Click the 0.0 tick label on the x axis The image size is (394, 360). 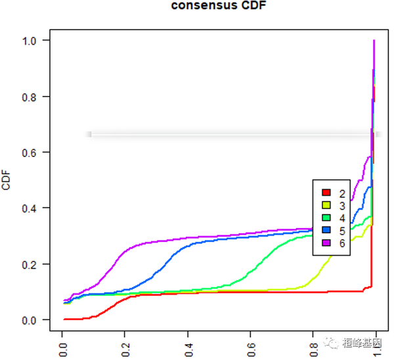click(x=64, y=346)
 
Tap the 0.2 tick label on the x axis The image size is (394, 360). click(x=126, y=346)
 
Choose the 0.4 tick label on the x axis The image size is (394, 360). click(x=188, y=346)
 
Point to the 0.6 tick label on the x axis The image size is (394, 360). click(x=252, y=346)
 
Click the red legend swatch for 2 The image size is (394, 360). click(x=325, y=193)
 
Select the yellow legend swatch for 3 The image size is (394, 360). click(x=325, y=206)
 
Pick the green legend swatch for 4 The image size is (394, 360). click(x=325, y=218)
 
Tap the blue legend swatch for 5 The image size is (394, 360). click(x=325, y=231)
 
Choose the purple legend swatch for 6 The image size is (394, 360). click(x=325, y=243)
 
